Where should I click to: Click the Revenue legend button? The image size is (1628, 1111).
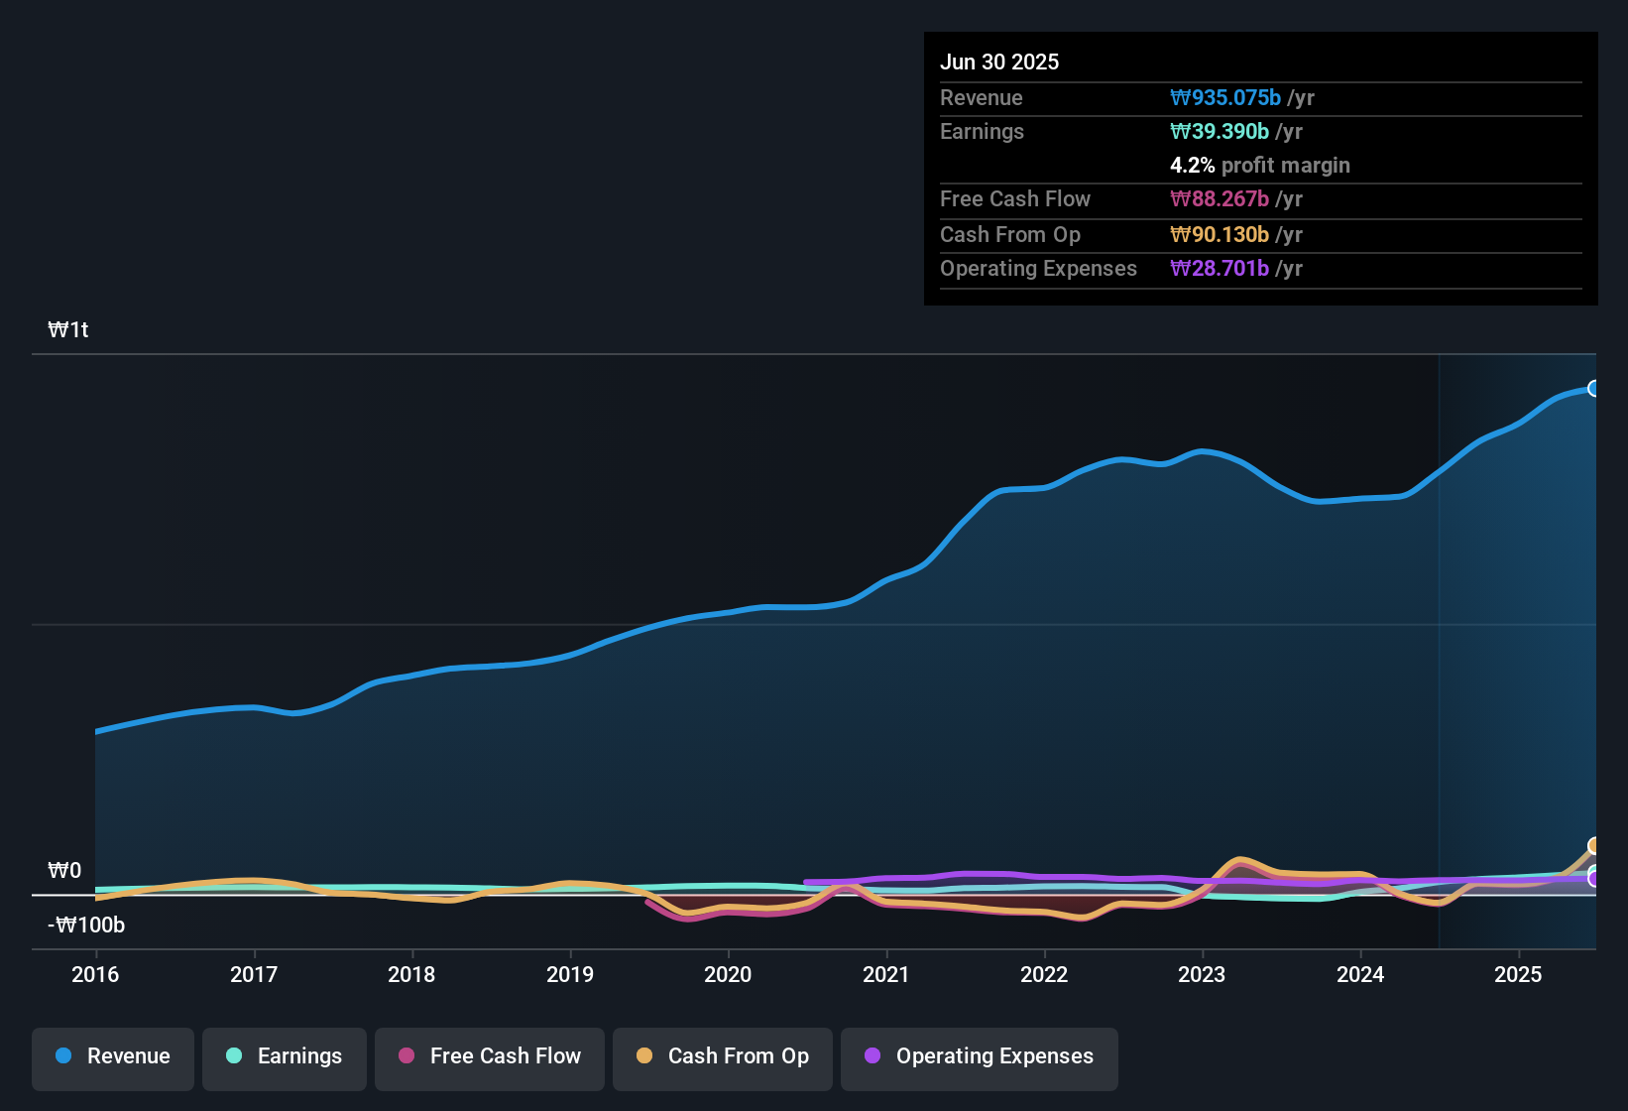(x=113, y=1056)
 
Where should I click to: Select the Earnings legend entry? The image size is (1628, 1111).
(x=285, y=1056)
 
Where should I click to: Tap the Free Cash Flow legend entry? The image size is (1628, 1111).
(x=490, y=1056)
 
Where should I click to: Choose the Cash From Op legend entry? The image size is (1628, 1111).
(x=723, y=1056)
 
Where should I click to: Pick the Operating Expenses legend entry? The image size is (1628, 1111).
(x=980, y=1056)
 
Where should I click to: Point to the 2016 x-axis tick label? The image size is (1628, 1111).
(x=95, y=974)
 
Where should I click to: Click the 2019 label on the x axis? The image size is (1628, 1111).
(x=570, y=974)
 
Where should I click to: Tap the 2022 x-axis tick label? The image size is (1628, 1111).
(x=1044, y=974)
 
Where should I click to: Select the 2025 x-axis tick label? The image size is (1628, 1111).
(x=1518, y=974)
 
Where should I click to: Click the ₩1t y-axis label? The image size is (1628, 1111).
(x=68, y=330)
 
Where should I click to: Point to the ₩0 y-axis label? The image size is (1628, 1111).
(x=64, y=871)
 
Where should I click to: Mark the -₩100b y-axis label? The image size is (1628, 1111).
(x=86, y=926)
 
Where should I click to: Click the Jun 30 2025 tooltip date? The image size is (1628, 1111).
(x=999, y=62)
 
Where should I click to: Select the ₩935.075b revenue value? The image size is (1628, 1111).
(x=1225, y=97)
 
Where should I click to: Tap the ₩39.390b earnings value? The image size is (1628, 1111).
(x=1220, y=131)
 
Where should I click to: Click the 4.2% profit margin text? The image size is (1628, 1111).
(x=1259, y=165)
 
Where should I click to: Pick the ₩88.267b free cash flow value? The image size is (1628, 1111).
(x=1220, y=198)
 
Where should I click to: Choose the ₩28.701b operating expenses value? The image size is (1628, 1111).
(x=1220, y=268)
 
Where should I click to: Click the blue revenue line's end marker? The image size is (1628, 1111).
(x=1593, y=388)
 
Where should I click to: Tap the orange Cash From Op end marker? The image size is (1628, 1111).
(x=1593, y=845)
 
